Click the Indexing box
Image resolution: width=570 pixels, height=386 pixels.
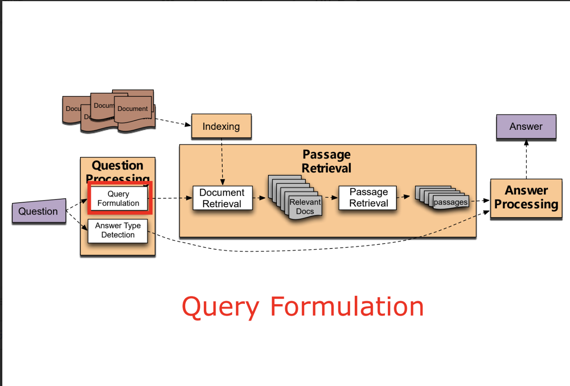click(x=221, y=126)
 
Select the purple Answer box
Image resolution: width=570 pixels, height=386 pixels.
click(x=526, y=126)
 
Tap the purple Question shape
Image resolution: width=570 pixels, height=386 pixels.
click(x=39, y=211)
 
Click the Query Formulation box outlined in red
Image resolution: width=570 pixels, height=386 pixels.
click(x=119, y=198)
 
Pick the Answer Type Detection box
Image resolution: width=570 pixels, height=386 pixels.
click(x=118, y=230)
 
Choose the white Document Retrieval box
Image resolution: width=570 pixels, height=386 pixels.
click(x=222, y=198)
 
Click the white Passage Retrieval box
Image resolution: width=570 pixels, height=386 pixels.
click(x=368, y=198)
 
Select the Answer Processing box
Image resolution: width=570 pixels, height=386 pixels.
click(x=526, y=198)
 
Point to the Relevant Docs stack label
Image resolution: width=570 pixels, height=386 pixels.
click(x=305, y=207)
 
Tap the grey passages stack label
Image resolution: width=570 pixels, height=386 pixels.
click(x=450, y=202)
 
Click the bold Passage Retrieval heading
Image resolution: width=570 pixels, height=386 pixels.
click(x=327, y=161)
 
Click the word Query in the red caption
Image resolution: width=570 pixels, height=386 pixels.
click(x=221, y=307)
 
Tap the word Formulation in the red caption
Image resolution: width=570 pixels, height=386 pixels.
click(x=347, y=307)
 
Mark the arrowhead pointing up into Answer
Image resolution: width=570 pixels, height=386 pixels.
click(x=526, y=143)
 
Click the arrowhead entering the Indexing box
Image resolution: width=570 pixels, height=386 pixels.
click(x=188, y=124)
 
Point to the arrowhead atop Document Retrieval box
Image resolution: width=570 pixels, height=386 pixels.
click(x=223, y=182)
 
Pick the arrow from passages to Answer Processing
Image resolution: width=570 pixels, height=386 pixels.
click(x=480, y=201)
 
